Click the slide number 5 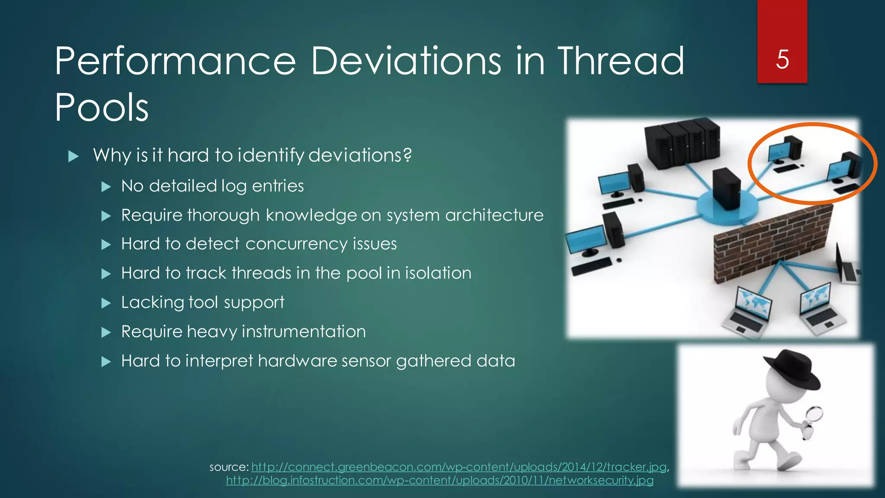click(x=782, y=59)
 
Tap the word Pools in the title click(x=102, y=107)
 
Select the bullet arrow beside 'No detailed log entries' click(x=106, y=187)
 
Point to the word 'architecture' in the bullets click(x=494, y=215)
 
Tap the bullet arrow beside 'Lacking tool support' click(x=106, y=303)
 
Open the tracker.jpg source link click(x=458, y=467)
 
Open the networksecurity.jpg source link click(x=439, y=480)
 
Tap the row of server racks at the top click(x=682, y=140)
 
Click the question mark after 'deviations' click(x=407, y=155)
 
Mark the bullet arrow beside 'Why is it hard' click(x=74, y=156)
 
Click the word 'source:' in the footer click(x=229, y=467)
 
